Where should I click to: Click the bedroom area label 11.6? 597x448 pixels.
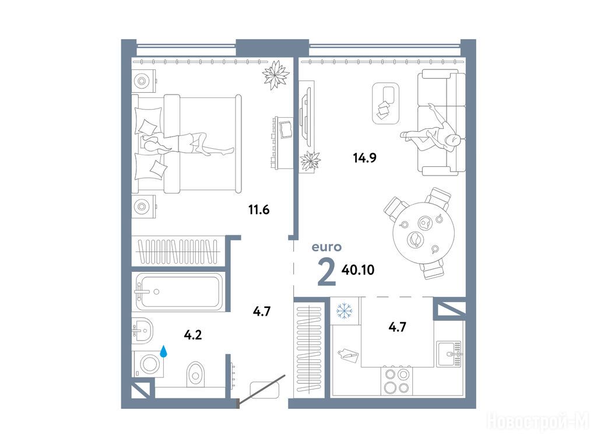pyautogui.click(x=259, y=209)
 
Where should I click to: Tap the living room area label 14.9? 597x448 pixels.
pyautogui.click(x=365, y=157)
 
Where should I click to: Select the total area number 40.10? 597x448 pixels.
pyautogui.click(x=358, y=270)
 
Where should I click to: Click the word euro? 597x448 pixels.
pyautogui.click(x=326, y=247)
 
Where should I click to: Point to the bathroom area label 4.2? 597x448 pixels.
pyautogui.click(x=192, y=335)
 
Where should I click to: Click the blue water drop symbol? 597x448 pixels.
pyautogui.click(x=164, y=351)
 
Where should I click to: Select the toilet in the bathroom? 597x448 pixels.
pyautogui.click(x=196, y=373)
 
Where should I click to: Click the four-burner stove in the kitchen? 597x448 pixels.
pyautogui.click(x=396, y=380)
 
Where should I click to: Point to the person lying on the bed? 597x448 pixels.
pyautogui.click(x=187, y=144)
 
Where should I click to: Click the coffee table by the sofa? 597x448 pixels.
pyautogui.click(x=385, y=103)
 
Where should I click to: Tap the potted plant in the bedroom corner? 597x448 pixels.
pyautogui.click(x=275, y=75)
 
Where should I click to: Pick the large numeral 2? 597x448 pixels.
pyautogui.click(x=326, y=272)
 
